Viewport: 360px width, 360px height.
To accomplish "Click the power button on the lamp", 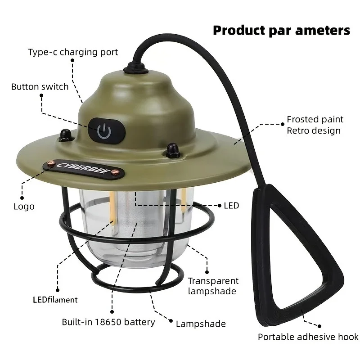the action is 107,131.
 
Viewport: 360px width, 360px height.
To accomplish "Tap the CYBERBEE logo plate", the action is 84,170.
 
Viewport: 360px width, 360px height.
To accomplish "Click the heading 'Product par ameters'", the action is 282,31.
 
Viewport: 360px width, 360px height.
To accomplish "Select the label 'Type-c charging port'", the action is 73,52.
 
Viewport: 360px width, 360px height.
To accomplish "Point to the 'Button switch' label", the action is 40,87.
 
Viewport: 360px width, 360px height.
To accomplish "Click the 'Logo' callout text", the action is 24,207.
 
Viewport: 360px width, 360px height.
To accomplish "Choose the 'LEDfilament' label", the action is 55,300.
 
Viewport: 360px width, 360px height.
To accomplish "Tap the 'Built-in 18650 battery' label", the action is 108,322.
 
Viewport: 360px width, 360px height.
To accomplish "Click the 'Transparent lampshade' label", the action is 213,286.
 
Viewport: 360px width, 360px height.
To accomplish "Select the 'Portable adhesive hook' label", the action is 308,337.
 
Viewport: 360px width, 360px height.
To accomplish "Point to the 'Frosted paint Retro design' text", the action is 315,125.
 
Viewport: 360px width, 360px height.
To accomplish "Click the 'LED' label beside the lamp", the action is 231,206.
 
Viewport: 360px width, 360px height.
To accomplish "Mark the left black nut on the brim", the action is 66,135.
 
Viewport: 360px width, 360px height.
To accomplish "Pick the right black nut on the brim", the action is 172,150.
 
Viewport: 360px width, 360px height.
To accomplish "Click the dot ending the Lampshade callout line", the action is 171,321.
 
